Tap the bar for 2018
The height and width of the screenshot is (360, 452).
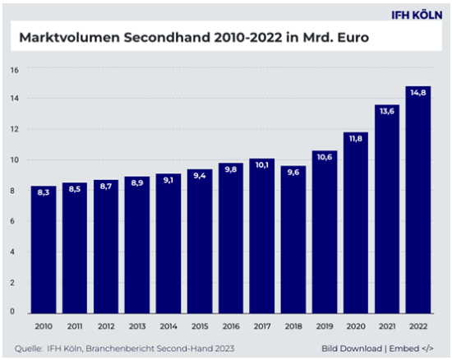(293, 239)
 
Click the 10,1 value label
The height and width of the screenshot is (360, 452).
(261, 165)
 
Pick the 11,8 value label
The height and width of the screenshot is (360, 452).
(355, 139)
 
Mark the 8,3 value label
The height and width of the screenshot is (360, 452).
(44, 192)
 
